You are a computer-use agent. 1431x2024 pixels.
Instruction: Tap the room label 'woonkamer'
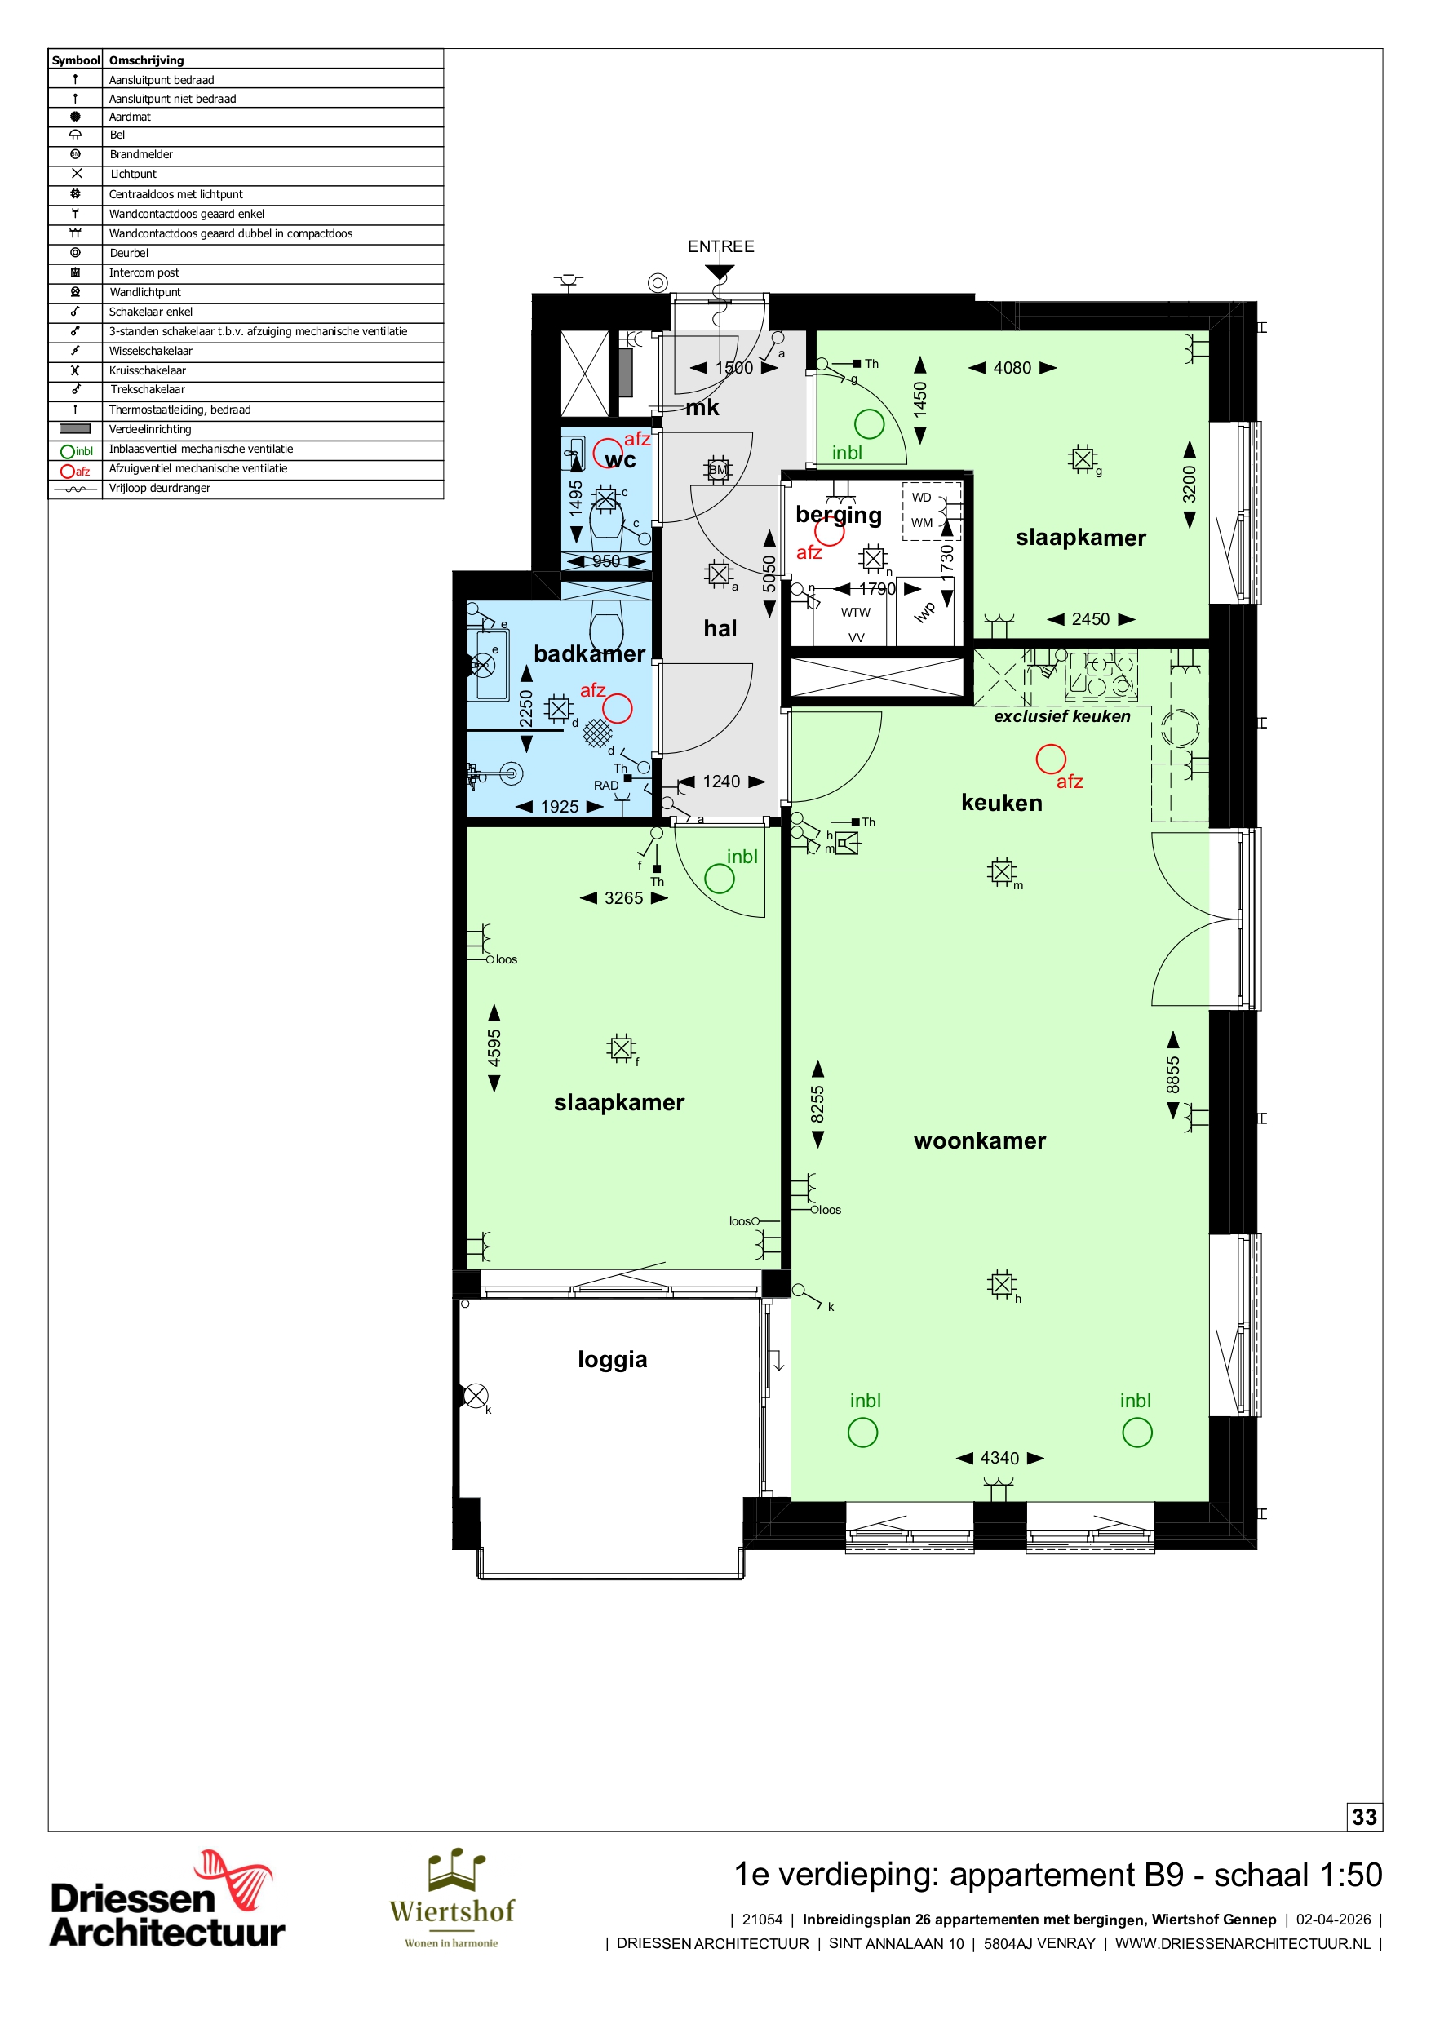click(x=980, y=1140)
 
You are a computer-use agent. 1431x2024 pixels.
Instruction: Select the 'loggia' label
click(x=612, y=1359)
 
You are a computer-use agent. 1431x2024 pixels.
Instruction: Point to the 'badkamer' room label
click(x=589, y=653)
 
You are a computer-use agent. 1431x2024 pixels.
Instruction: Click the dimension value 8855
click(x=1172, y=1074)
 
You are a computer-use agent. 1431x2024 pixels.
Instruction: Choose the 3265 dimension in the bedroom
click(x=623, y=898)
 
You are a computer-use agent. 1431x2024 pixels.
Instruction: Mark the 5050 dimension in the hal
click(x=769, y=573)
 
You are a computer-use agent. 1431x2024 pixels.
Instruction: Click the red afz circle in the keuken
click(x=1050, y=759)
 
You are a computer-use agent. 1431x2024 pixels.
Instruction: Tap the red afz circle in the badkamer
click(x=618, y=708)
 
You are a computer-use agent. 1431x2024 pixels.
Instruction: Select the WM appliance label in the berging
click(x=921, y=523)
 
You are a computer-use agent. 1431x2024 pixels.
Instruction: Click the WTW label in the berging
click(x=855, y=612)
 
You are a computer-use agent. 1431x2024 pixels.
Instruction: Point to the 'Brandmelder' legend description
click(x=141, y=154)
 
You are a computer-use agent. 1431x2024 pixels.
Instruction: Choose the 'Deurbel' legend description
click(x=129, y=253)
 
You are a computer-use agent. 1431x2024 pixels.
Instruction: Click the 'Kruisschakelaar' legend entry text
click(x=147, y=370)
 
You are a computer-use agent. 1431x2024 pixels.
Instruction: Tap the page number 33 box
click(x=1364, y=1817)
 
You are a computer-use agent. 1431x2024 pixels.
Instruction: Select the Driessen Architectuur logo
click(x=166, y=1899)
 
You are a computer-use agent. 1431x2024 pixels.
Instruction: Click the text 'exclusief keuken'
click(x=1061, y=717)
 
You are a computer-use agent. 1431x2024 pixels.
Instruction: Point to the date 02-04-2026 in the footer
click(x=1333, y=1919)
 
